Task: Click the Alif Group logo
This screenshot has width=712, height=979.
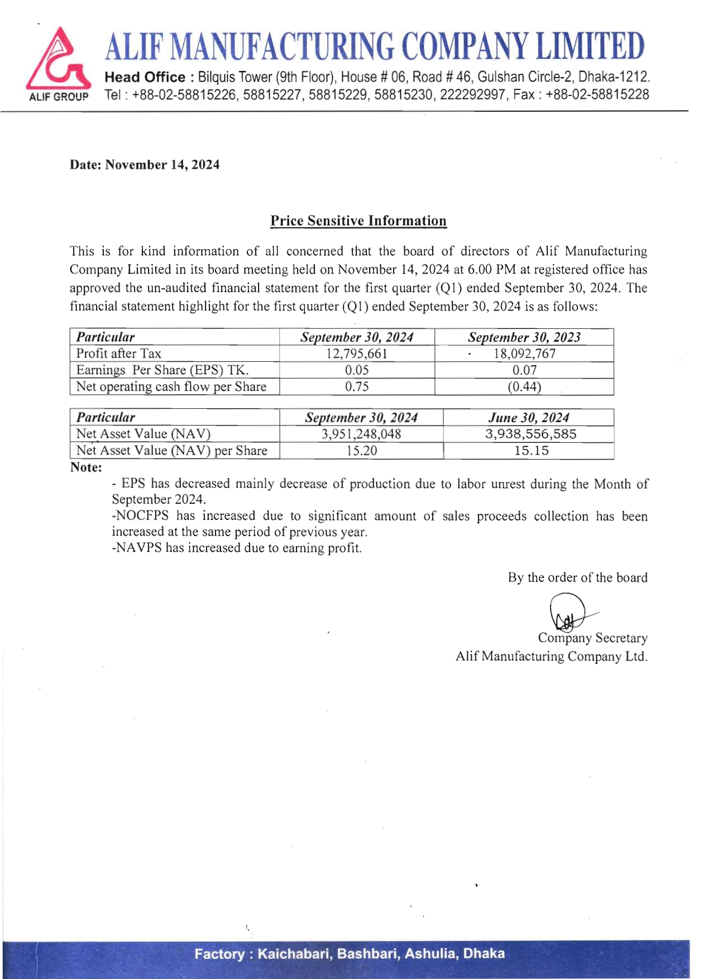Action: click(58, 63)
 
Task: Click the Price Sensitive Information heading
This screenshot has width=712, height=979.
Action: click(358, 221)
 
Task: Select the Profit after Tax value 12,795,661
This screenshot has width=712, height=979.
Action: click(357, 354)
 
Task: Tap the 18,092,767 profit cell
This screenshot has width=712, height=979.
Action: click(524, 354)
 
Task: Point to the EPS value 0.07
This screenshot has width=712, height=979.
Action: click(524, 370)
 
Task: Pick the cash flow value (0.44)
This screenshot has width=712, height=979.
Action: click(524, 386)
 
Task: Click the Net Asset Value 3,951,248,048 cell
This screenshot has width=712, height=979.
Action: click(361, 434)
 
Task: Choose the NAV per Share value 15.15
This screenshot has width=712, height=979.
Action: click(531, 451)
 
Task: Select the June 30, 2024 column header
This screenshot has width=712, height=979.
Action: click(528, 418)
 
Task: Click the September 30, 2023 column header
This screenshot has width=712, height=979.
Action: click(524, 337)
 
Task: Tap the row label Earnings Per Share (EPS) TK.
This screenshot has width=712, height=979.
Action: click(162, 370)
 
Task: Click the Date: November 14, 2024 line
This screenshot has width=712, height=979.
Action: click(145, 165)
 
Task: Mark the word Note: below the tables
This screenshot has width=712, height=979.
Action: click(86, 467)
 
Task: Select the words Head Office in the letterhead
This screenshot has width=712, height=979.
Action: click(145, 77)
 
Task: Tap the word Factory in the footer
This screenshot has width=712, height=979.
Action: click(219, 953)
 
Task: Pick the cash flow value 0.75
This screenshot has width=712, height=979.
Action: click(357, 386)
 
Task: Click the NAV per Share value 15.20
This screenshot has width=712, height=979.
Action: click(361, 451)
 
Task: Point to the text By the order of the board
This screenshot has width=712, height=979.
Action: click(577, 577)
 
